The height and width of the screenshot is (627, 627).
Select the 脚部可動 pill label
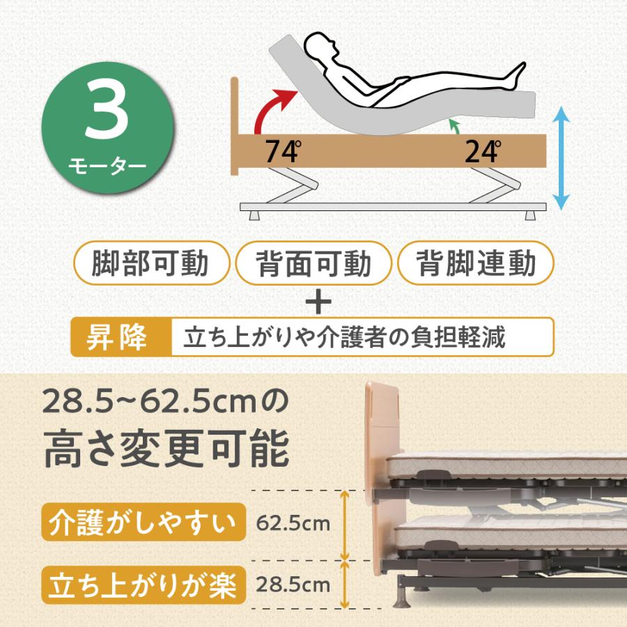click(151, 264)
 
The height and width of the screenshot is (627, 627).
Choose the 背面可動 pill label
click(313, 264)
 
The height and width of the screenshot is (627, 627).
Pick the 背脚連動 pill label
click(476, 264)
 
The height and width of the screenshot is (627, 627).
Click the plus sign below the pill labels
click(316, 302)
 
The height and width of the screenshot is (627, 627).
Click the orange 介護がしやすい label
click(144, 522)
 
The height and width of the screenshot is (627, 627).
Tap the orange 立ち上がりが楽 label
click(144, 585)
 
